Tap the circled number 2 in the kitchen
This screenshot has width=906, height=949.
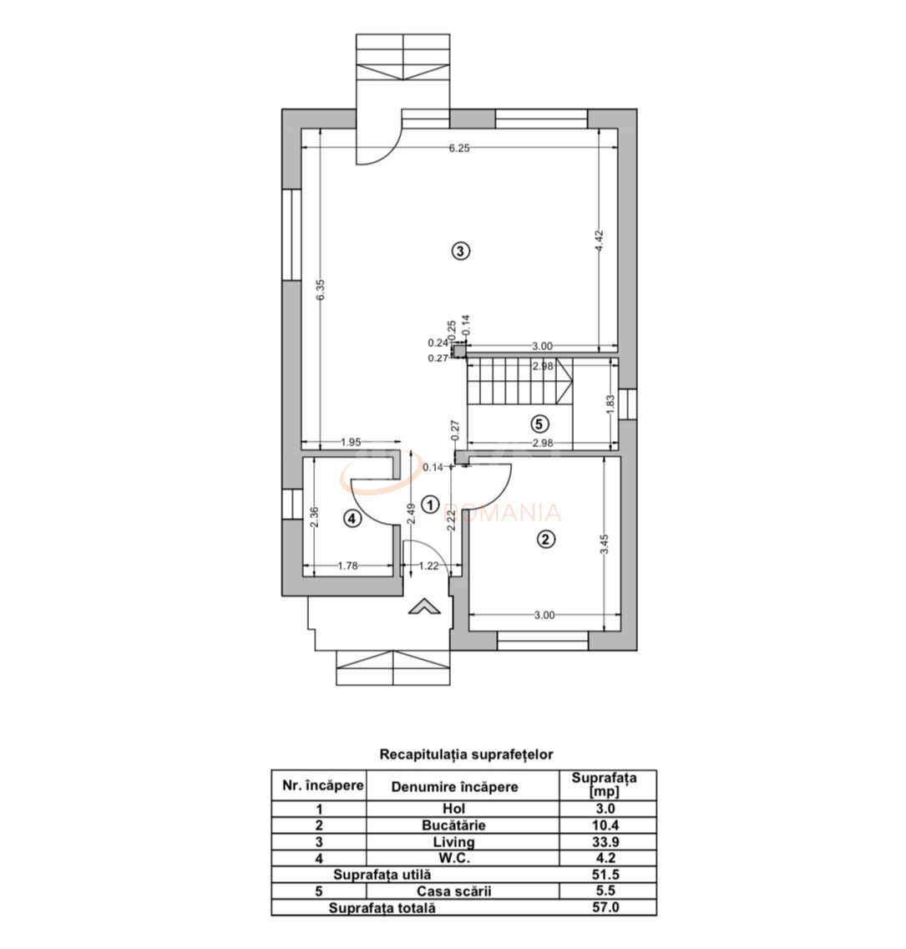click(545, 539)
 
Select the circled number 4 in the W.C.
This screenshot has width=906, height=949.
click(352, 519)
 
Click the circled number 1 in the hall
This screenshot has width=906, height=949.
click(430, 504)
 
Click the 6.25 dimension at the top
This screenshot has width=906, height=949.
click(459, 149)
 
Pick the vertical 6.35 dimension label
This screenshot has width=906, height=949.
click(321, 291)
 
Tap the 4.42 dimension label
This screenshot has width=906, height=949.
click(599, 242)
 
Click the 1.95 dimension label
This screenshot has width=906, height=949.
click(351, 443)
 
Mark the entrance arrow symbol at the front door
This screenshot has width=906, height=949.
click(424, 606)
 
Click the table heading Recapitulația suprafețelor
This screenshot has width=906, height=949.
click(466, 754)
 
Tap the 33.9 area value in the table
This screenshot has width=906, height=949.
click(606, 842)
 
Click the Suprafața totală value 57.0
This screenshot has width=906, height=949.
click(606, 907)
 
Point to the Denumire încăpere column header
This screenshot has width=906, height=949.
click(454, 786)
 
